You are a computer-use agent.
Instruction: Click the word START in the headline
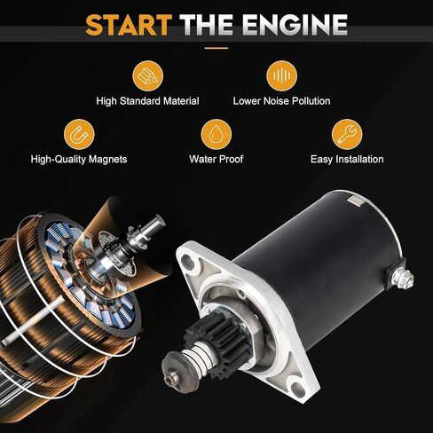tap(129, 25)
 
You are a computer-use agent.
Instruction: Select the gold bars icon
tap(147, 75)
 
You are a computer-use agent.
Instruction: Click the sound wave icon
tap(281, 75)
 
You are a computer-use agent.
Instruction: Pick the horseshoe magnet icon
tap(79, 134)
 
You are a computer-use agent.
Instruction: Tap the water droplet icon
tap(216, 134)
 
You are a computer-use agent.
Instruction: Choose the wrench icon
tap(347, 134)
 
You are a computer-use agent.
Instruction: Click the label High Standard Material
tap(147, 101)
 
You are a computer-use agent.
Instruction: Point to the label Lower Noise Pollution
tap(281, 101)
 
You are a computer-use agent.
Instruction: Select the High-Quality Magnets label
tap(79, 160)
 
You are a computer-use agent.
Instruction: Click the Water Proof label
tap(216, 159)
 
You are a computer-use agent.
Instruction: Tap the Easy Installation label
tap(347, 160)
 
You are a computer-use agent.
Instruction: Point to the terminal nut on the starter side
tap(404, 279)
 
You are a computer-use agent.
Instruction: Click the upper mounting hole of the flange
tap(187, 261)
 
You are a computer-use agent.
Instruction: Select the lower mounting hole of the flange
tap(298, 390)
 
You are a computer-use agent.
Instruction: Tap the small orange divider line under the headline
tap(216, 48)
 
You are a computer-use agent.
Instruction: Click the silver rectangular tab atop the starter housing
tap(355, 201)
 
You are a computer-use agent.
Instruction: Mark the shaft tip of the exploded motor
tap(159, 220)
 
